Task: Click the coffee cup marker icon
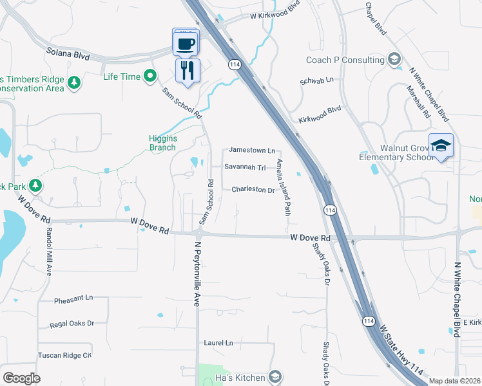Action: point(186,44)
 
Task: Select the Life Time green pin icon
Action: point(151,77)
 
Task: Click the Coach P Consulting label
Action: point(345,60)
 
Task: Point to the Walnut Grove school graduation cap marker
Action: point(441,146)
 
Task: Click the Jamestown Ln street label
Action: point(252,151)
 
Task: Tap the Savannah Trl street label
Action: point(245,167)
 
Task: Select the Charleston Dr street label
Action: point(253,190)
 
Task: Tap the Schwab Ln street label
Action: point(317,80)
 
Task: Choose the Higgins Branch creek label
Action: point(162,143)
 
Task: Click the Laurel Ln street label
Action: point(218,343)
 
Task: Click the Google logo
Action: point(21,378)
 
